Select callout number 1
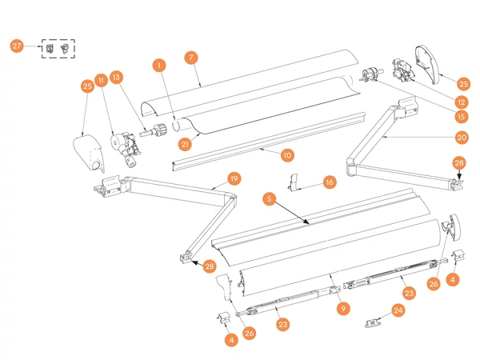point(160,64)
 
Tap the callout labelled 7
point(190,58)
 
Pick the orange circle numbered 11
point(101,80)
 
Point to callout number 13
point(117,78)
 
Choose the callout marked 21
point(185,144)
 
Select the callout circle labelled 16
point(329,182)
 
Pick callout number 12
point(461,102)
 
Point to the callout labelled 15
point(461,117)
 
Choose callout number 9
point(342,308)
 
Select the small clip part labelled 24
point(371,322)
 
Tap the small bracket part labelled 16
point(295,182)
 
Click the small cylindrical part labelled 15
point(370,77)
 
